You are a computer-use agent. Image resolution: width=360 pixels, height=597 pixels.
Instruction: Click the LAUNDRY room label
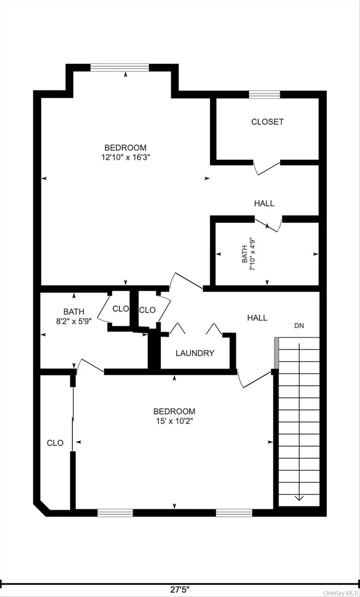pyautogui.click(x=195, y=353)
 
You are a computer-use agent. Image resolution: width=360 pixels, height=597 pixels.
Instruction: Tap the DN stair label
pyautogui.click(x=299, y=326)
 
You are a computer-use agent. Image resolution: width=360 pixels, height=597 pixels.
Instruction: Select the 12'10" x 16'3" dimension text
pyautogui.click(x=125, y=157)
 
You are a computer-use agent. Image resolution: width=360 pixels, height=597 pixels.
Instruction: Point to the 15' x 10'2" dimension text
pyautogui.click(x=174, y=421)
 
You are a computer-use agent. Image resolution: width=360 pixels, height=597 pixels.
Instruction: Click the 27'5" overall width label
pyautogui.click(x=180, y=589)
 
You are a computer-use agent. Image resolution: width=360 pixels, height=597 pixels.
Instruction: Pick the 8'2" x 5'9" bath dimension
pyautogui.click(x=74, y=321)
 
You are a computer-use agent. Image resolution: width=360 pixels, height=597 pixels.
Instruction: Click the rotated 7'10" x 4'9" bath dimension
pyautogui.click(x=253, y=254)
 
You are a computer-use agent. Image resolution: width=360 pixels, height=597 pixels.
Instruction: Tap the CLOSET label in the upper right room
pyautogui.click(x=267, y=122)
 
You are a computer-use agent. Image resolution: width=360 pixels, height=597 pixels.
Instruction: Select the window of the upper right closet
pyautogui.click(x=264, y=94)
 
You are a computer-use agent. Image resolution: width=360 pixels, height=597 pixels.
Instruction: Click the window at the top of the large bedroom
pyautogui.click(x=120, y=68)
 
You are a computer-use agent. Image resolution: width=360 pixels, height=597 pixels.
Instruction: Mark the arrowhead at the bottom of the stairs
pyautogui.click(x=299, y=498)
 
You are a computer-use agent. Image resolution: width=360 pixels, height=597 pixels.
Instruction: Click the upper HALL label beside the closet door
pyautogui.click(x=264, y=203)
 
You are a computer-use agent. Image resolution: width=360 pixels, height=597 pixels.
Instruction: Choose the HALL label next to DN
pyautogui.click(x=257, y=318)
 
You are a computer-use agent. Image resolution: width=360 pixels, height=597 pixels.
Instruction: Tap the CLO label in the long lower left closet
pyautogui.click(x=55, y=443)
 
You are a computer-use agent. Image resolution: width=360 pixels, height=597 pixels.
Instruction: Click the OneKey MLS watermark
pyautogui.click(x=341, y=593)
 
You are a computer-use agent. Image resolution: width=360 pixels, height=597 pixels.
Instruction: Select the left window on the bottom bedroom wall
pyautogui.click(x=115, y=513)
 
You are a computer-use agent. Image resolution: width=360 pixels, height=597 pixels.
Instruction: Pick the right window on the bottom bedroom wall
pyautogui.click(x=234, y=513)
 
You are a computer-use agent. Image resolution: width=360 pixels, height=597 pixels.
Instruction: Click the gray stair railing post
pyautogui.click(x=277, y=353)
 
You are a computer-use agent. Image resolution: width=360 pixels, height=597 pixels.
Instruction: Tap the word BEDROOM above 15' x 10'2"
pyautogui.click(x=174, y=411)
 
